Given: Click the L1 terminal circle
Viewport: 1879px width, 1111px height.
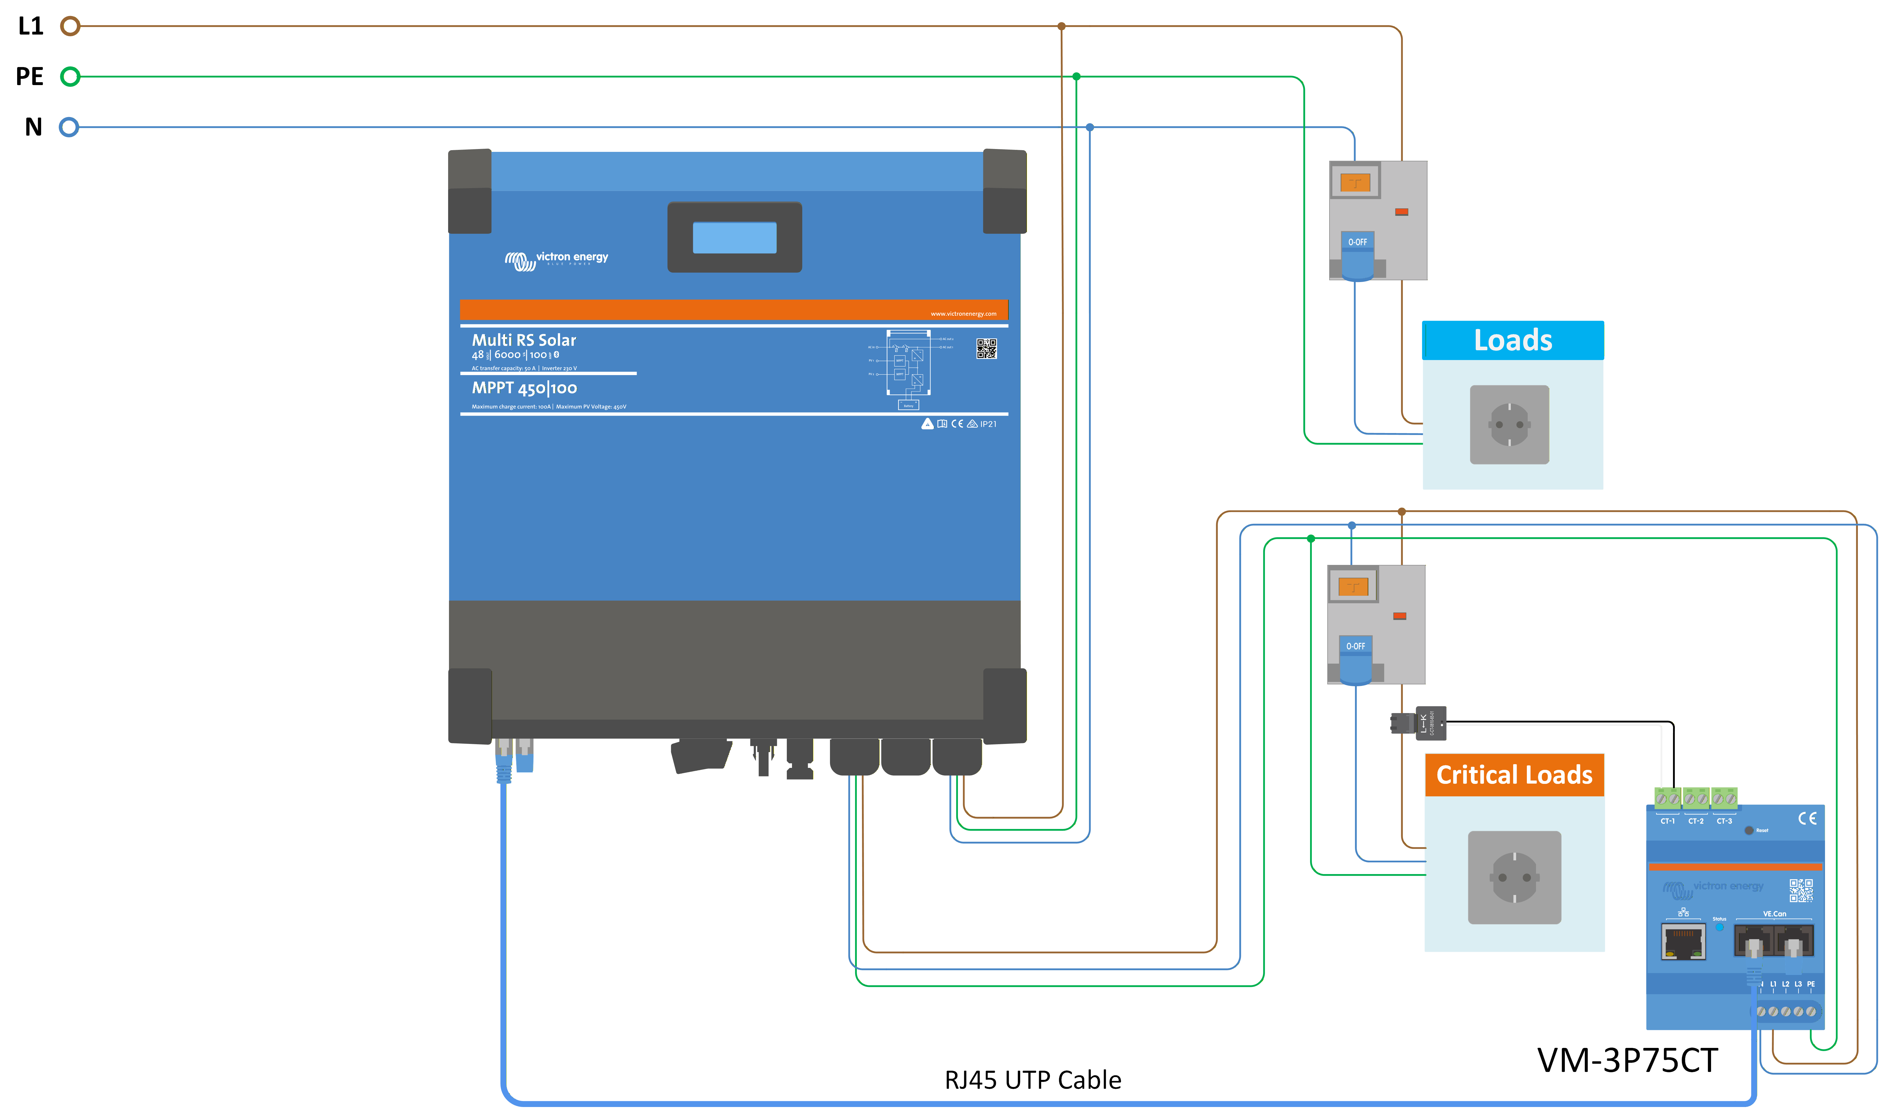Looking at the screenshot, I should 70,26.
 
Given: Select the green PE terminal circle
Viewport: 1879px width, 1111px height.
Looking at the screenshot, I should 70,77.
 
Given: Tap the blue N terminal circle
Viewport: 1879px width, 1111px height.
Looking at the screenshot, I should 69,127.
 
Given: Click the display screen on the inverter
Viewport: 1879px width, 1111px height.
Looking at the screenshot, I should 734,237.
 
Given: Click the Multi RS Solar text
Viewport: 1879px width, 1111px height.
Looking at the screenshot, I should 524,340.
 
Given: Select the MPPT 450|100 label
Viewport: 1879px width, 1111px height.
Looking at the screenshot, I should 524,388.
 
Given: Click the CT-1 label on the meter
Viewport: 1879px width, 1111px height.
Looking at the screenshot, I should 1667,821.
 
